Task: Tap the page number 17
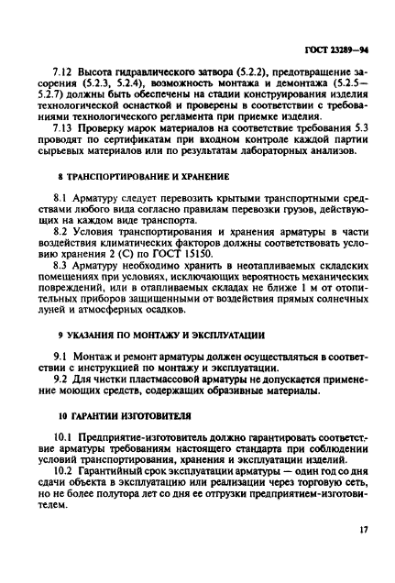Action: [x=363, y=555]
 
